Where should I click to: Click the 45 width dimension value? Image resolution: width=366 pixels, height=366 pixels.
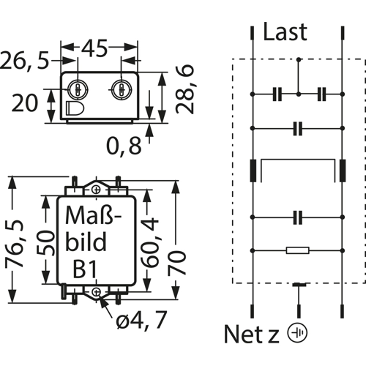point(94,48)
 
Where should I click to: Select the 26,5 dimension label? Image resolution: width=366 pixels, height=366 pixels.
point(25,60)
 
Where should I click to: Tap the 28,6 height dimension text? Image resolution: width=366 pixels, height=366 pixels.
point(185,89)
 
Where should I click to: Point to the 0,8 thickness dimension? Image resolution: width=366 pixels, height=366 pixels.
point(124,146)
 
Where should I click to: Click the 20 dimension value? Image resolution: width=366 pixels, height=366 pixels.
point(25,103)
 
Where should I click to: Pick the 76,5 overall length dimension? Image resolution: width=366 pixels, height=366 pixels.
point(15,243)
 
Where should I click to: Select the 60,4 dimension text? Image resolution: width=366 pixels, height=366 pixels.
point(149,242)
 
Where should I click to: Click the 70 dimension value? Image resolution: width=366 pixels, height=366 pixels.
point(177,263)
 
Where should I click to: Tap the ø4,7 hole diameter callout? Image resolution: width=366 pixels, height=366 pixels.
point(141,320)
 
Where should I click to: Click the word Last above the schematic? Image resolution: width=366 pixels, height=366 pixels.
point(285,31)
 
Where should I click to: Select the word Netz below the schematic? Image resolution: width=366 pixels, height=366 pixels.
point(251,334)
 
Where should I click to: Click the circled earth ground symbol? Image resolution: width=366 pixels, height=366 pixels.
point(297,333)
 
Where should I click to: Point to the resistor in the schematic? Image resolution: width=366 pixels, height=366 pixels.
point(298,250)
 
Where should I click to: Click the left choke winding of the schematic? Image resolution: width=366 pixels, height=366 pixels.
point(253,171)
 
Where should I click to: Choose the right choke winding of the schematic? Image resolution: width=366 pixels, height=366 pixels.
point(343,171)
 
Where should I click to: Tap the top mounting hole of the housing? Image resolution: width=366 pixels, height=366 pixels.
point(97,190)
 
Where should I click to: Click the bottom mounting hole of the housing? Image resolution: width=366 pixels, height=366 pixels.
point(97,291)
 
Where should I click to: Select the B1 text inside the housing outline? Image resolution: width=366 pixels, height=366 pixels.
point(85,269)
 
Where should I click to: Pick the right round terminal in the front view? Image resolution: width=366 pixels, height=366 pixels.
point(122,89)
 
